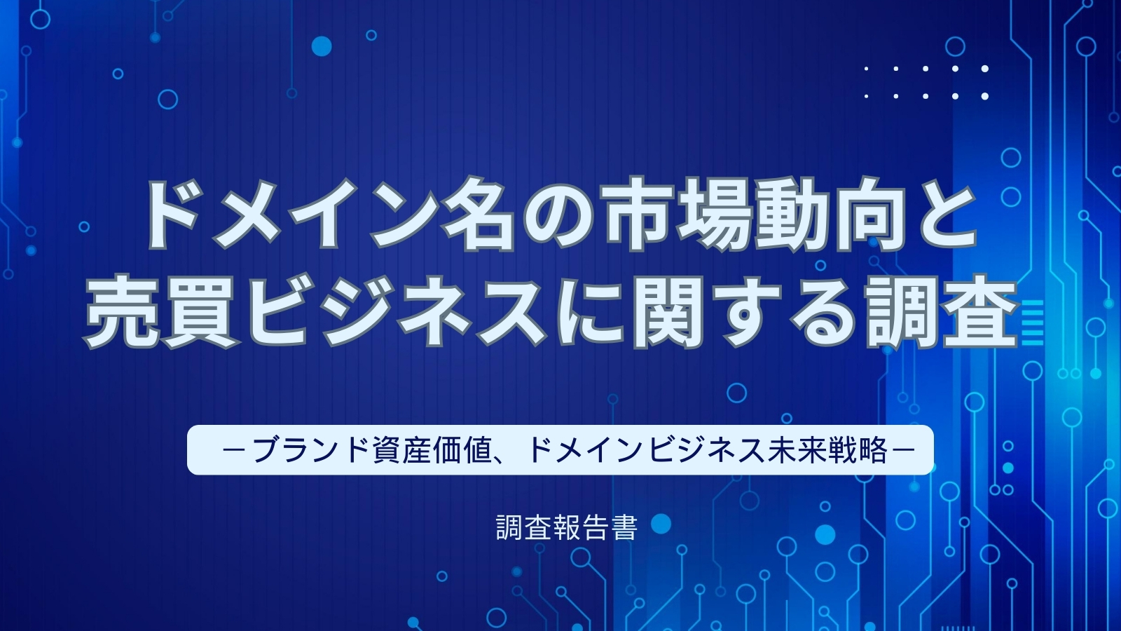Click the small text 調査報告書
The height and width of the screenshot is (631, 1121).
(x=567, y=528)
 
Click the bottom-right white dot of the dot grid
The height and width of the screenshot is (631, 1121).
(x=985, y=96)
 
